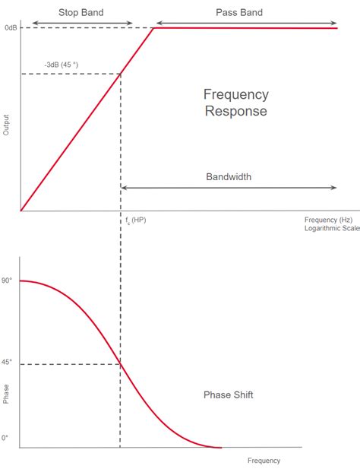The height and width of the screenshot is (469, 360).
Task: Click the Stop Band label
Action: point(81,13)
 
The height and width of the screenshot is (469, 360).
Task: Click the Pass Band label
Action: point(239,13)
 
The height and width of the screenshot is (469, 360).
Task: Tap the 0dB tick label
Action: point(11,28)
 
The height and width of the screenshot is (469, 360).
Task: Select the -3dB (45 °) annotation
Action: point(62,65)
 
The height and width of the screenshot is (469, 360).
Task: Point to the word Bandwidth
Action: point(229,177)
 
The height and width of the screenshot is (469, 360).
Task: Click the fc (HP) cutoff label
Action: point(136,220)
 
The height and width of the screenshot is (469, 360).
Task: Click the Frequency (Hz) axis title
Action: point(328,220)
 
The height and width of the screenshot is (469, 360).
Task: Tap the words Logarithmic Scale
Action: point(332,228)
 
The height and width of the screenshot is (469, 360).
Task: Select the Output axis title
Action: point(6,125)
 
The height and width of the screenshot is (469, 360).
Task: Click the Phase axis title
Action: point(6,395)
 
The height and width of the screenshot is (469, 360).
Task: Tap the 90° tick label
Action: point(7,280)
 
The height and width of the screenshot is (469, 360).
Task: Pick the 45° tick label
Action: point(7,362)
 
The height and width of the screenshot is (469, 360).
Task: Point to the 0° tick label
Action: point(5,438)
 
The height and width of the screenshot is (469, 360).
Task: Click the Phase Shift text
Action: point(229,395)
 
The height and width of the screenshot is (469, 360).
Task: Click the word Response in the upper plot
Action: point(236,111)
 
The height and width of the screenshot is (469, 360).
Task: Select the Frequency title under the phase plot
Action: point(264,461)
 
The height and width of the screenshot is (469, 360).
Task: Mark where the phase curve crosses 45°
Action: point(121,364)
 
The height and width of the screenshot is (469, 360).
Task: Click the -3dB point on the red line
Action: point(121,74)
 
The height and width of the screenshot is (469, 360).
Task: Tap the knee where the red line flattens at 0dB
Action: point(154,28)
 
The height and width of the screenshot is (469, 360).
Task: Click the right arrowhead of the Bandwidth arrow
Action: point(334,188)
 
